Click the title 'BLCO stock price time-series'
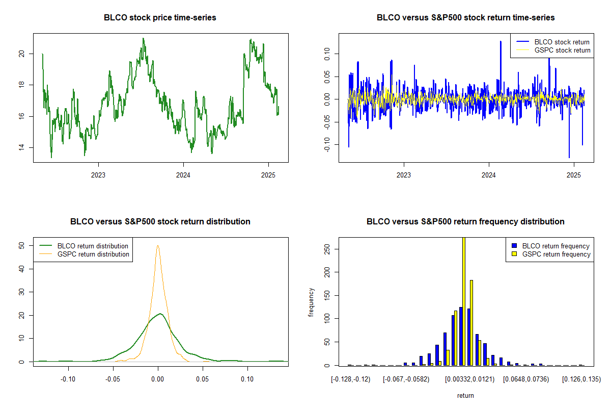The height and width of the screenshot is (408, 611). tap(160, 18)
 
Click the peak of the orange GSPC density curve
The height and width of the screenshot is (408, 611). tap(158, 246)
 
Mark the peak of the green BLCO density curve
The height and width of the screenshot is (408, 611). tap(160, 314)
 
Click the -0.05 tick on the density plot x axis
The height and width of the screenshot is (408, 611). tap(113, 379)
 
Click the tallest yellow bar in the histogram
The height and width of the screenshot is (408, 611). tap(464, 301)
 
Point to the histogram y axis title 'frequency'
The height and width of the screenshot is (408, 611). tap(311, 302)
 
